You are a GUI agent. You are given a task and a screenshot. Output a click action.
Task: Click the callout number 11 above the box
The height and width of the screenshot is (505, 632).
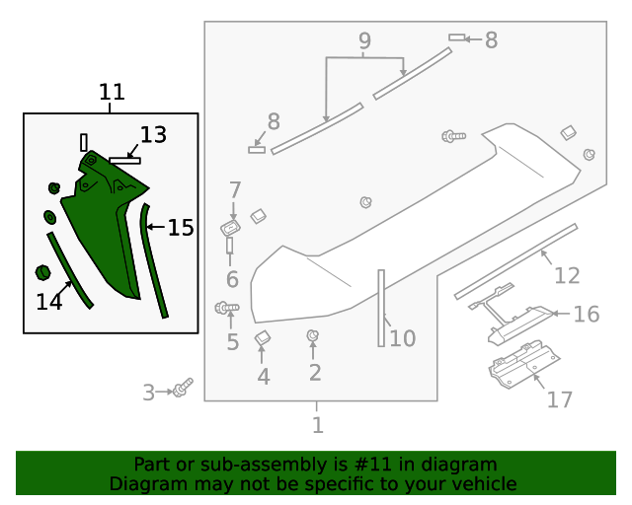coord(112,93)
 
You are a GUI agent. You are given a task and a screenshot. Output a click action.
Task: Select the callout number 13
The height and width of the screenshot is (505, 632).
coord(153,135)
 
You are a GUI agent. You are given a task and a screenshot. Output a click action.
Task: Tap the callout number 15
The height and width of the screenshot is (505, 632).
coord(181,228)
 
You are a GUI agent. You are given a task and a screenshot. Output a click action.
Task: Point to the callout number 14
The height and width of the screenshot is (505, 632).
coord(49,302)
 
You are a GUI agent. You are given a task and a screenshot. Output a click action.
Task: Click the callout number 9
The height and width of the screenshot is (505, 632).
coord(364,41)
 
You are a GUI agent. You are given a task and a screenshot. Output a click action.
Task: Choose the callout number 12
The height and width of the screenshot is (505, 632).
coord(566,275)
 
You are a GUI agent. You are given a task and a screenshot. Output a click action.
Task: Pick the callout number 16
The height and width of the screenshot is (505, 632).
coord(587,314)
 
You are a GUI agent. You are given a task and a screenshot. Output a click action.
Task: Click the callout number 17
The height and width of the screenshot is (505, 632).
coord(560,399)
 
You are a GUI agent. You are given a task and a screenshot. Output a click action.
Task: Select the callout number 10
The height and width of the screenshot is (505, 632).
coord(402,339)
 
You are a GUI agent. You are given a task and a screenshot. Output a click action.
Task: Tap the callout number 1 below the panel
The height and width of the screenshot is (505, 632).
coord(317,425)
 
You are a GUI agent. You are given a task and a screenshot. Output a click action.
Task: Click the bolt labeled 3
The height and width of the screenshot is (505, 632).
coord(183,389)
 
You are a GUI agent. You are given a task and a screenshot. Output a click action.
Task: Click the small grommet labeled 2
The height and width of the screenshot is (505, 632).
coord(313,336)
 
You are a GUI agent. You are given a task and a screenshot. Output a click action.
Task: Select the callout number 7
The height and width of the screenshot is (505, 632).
coord(235,189)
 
